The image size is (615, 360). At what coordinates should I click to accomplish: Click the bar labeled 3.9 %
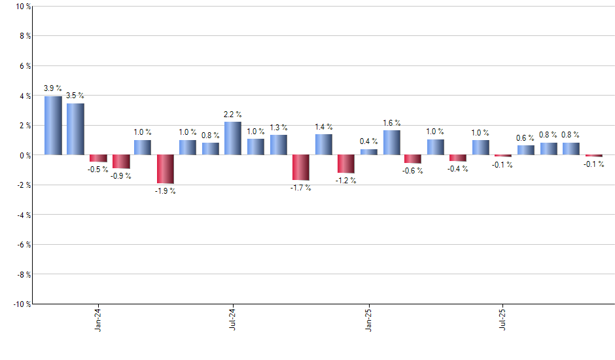[53, 126]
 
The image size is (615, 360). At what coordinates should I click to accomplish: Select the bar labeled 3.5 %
[75, 129]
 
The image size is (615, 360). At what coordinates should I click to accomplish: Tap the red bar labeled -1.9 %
[166, 169]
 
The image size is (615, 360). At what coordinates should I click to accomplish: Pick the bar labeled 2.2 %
[233, 138]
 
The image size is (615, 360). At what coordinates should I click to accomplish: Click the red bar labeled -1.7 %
[301, 168]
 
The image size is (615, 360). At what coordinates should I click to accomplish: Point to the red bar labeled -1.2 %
[346, 164]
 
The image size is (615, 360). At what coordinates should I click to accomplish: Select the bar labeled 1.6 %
[391, 143]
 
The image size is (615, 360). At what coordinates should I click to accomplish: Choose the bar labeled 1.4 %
[323, 144]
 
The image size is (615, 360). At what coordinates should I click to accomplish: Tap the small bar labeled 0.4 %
[368, 152]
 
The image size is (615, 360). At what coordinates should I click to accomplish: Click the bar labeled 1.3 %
[278, 145]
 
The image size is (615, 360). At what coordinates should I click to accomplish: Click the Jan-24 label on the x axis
[98, 319]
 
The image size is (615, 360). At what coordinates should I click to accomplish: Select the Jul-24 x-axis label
[233, 319]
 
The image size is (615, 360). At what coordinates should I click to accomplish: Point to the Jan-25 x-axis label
[368, 319]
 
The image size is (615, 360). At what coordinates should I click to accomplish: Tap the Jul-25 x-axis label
[504, 319]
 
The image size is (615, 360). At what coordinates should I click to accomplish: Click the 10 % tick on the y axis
[22, 7]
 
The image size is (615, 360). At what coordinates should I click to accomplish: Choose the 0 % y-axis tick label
[24, 155]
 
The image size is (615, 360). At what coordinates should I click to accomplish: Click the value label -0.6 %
[413, 171]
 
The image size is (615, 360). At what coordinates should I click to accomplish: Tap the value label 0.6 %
[526, 137]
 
